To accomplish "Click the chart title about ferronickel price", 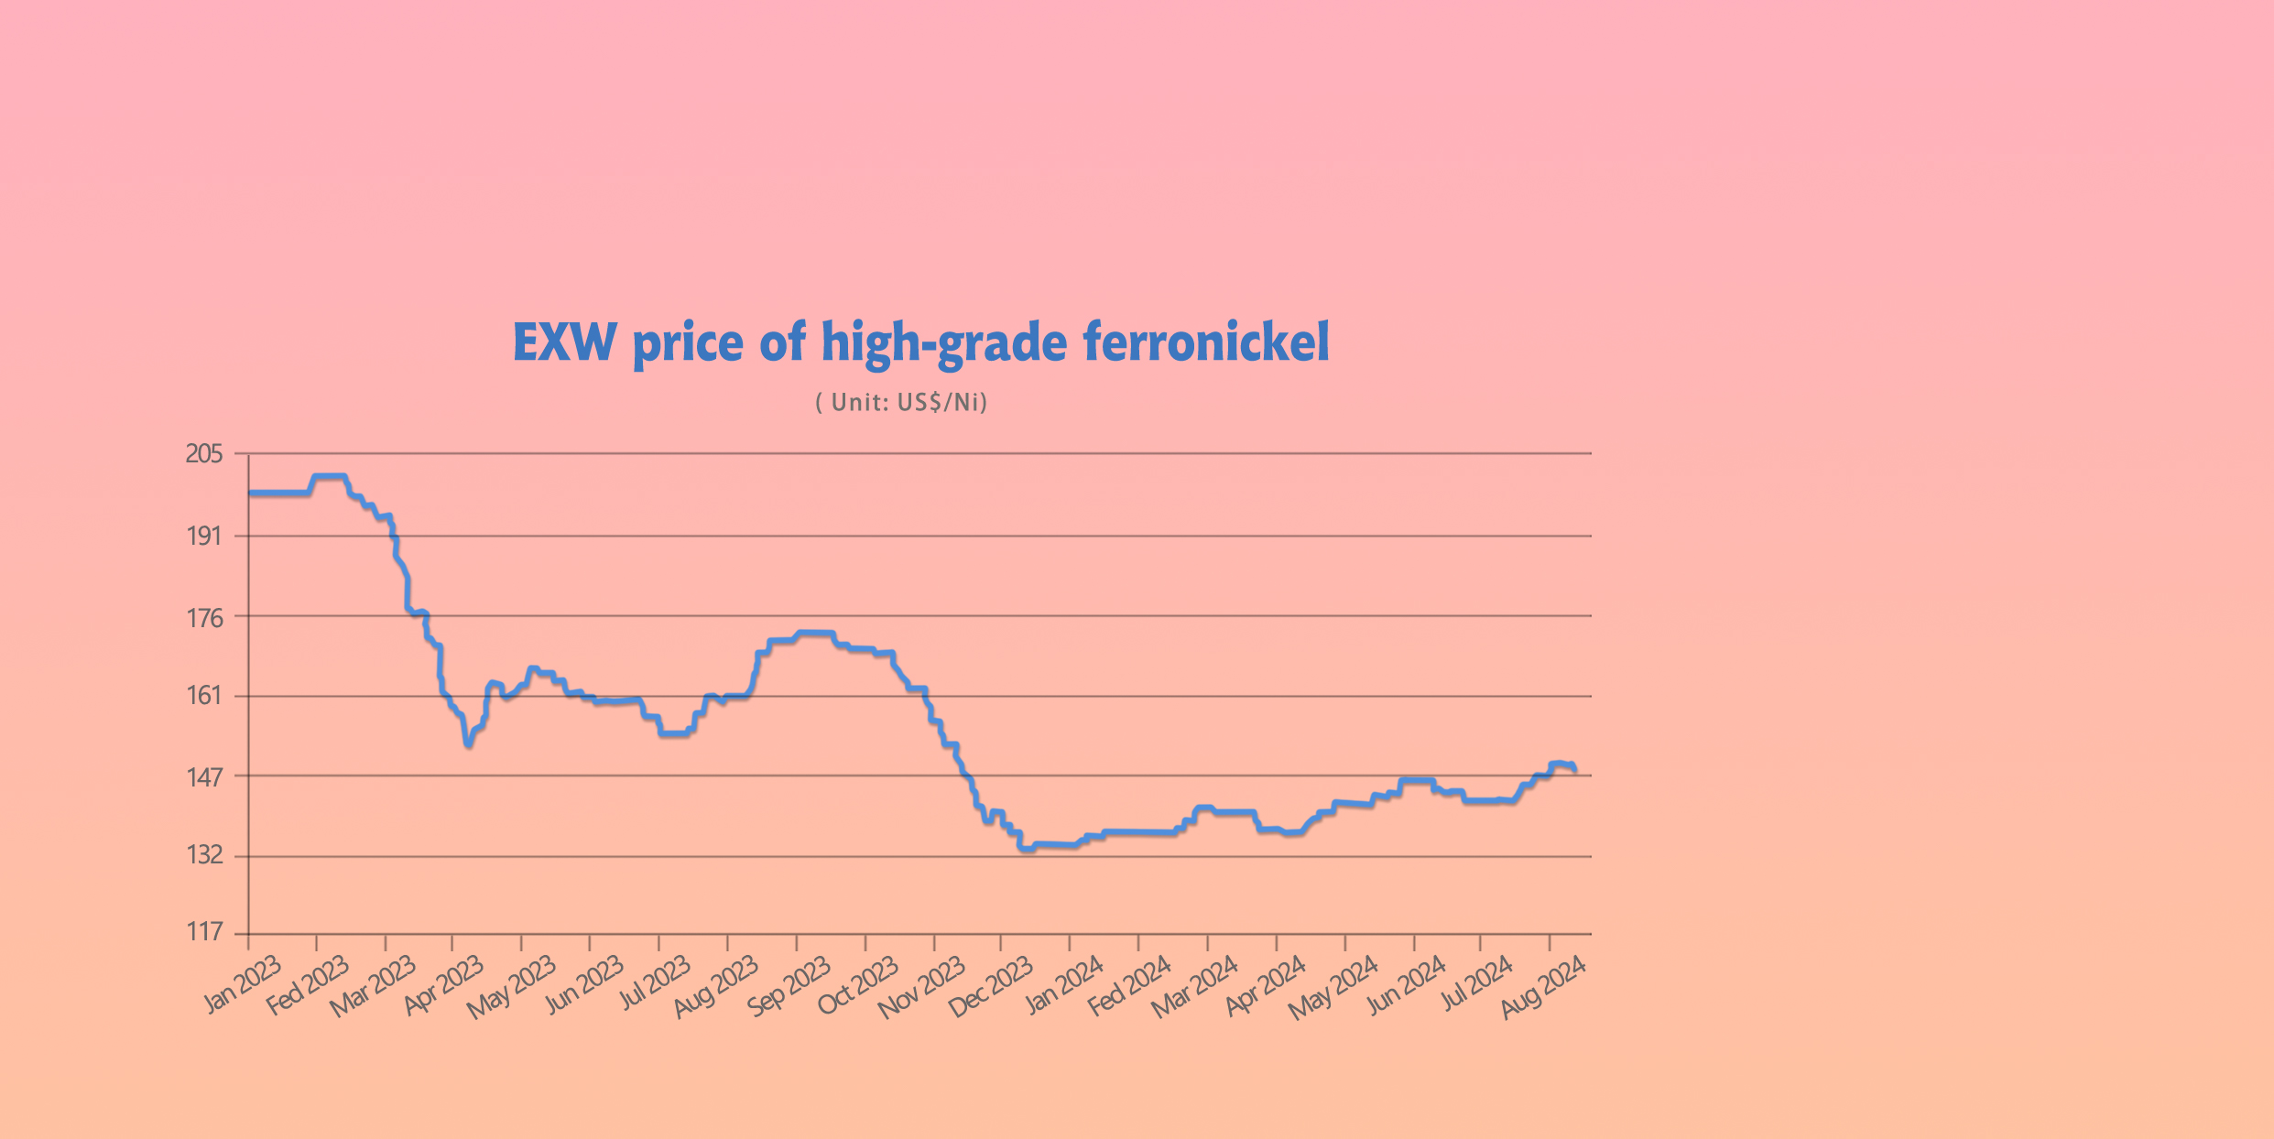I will [920, 342].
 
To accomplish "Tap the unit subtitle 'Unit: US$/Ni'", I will [901, 403].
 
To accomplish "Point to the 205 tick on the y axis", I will [204, 454].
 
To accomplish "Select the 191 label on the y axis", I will [204, 537].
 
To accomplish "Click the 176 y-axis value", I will [204, 618].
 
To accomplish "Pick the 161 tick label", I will [204, 696].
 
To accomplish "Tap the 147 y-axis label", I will [204, 777].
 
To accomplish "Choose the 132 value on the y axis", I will [204, 855].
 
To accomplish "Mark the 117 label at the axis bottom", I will [204, 932].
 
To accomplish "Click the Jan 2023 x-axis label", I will [243, 984].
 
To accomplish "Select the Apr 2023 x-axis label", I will [444, 984].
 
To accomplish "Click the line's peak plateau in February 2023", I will [329, 476].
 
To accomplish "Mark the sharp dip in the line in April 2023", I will [469, 744].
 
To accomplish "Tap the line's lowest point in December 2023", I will [1026, 849].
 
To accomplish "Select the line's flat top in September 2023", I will [814, 633].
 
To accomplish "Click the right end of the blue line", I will [1574, 770].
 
